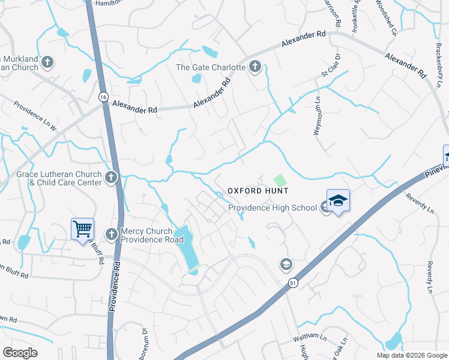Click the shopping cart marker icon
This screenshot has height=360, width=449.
[x=82, y=229]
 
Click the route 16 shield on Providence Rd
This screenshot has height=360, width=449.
[x=103, y=97]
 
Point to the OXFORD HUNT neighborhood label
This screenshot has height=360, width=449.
[x=258, y=191]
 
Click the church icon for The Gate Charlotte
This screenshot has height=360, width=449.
[x=255, y=67]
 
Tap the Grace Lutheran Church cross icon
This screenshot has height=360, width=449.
[x=110, y=177]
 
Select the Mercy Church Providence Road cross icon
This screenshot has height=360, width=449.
[x=111, y=233]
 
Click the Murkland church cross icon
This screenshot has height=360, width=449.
[x=47, y=62]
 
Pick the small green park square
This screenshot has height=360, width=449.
[x=279, y=179]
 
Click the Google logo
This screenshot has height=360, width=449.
[x=20, y=352]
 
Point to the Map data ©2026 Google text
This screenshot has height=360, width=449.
[x=411, y=355]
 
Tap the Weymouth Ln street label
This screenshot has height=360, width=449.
[x=318, y=116]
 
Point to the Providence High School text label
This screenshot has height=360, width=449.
[x=272, y=208]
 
